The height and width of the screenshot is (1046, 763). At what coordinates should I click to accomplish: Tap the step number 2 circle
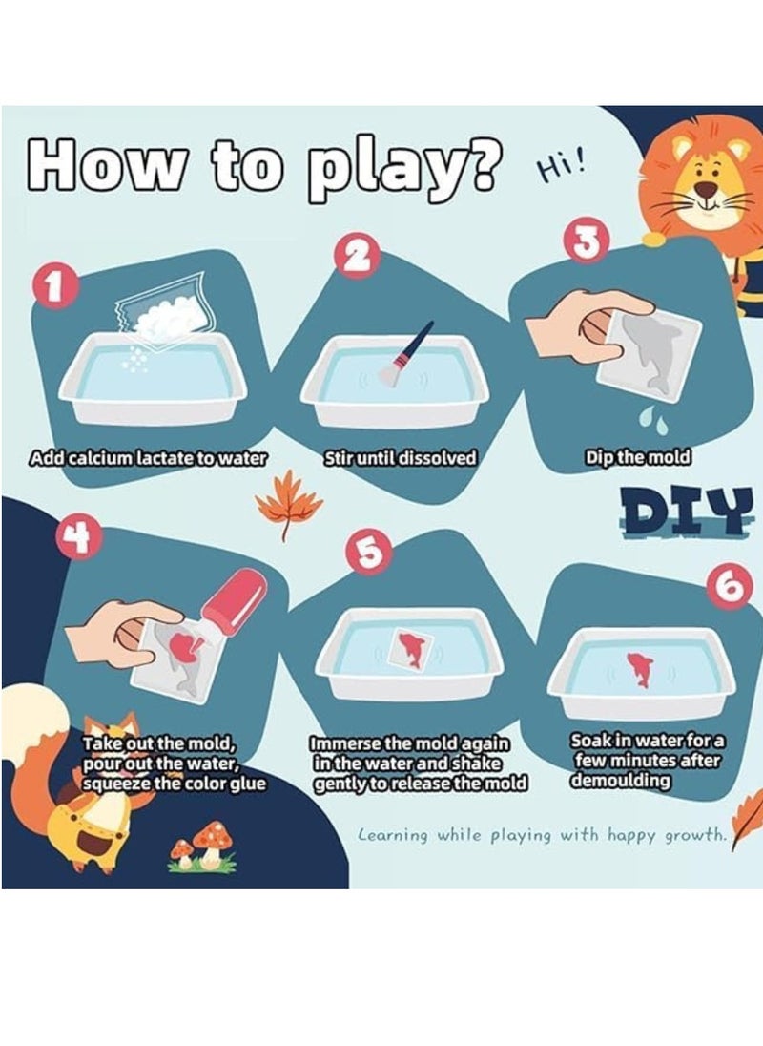click(360, 256)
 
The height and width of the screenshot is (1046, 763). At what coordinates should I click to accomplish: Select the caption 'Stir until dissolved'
click(400, 458)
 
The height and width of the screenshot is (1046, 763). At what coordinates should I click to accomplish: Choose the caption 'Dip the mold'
click(638, 458)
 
